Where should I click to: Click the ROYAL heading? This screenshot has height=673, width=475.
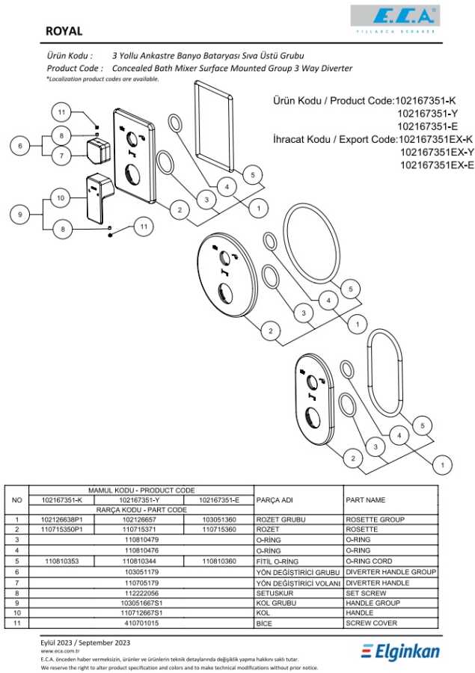pos(64,31)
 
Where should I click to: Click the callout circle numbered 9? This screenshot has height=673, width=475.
pos(20,215)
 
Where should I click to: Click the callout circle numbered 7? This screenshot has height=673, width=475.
pos(62,156)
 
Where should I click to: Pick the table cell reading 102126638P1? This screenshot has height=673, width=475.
pos(62,519)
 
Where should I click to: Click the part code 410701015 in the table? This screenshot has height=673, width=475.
pos(142,623)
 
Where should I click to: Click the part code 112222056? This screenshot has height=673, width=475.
pos(142,592)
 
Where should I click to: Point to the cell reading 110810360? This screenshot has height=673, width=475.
pos(220,561)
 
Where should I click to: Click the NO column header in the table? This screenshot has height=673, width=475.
pos(17,500)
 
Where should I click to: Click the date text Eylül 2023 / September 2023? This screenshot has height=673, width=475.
pos(85,642)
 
